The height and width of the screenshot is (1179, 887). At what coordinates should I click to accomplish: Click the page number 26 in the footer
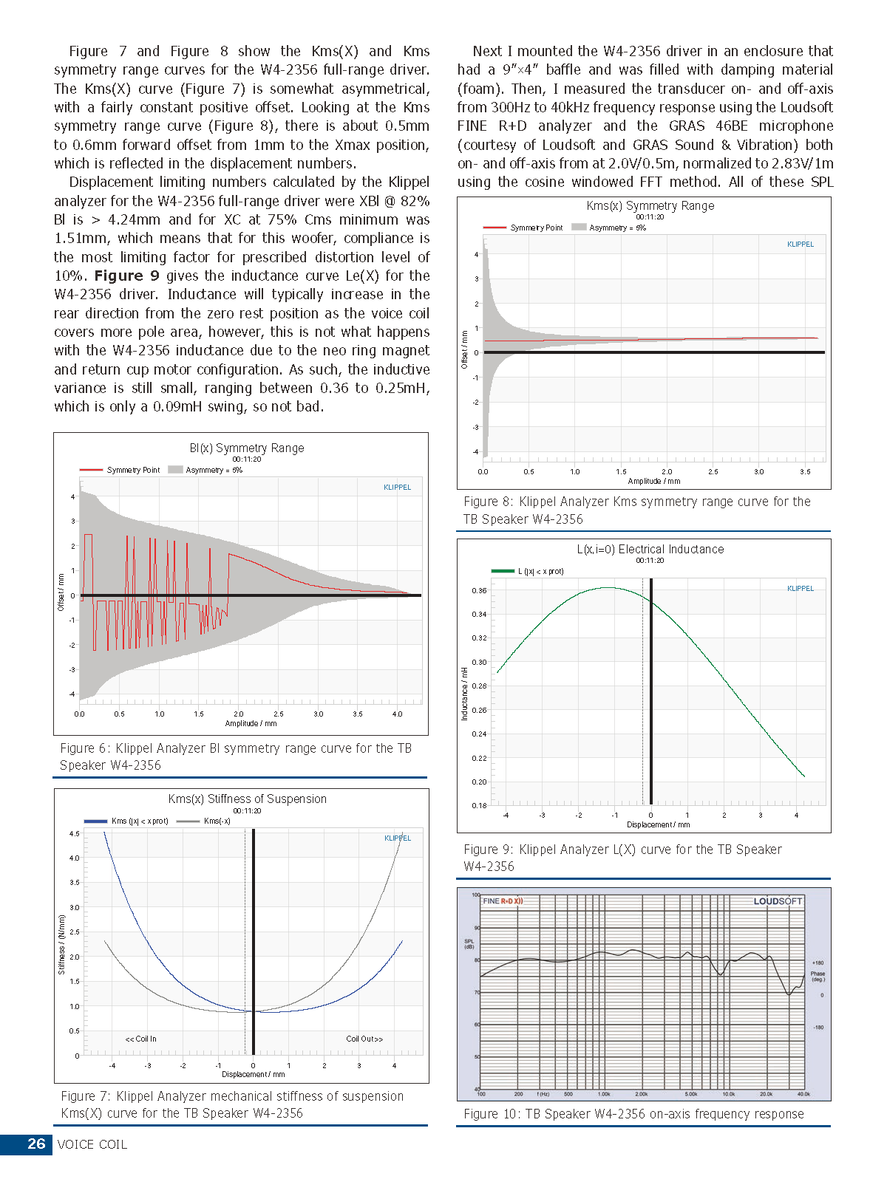click(x=36, y=1144)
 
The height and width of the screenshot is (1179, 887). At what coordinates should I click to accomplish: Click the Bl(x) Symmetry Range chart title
click(x=247, y=448)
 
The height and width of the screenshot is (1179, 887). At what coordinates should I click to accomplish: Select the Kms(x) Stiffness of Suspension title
click(x=247, y=799)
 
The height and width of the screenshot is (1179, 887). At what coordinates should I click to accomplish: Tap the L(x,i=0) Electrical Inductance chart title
click(x=650, y=550)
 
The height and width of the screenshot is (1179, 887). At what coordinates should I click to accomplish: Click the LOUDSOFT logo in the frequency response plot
click(x=777, y=901)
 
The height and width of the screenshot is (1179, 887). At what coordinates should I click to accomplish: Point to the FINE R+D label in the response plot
click(x=503, y=901)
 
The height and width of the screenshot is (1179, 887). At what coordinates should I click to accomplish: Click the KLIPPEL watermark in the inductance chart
click(x=801, y=589)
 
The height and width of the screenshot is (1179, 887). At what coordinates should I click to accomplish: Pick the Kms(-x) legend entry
click(x=217, y=821)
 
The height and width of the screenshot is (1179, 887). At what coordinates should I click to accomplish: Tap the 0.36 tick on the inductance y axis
click(x=479, y=591)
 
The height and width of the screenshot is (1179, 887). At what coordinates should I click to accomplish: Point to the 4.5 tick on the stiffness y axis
click(x=75, y=834)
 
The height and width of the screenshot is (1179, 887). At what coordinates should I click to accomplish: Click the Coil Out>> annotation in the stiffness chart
click(x=364, y=1039)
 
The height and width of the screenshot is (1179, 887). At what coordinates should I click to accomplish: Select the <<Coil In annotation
click(x=141, y=1039)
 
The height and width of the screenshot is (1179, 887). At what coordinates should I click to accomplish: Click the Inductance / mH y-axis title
click(x=465, y=693)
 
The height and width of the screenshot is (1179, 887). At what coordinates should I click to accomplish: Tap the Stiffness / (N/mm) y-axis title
click(x=62, y=944)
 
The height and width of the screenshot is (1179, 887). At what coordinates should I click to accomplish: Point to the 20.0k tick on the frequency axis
click(x=766, y=1094)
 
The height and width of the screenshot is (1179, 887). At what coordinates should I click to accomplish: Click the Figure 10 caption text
click(x=633, y=1114)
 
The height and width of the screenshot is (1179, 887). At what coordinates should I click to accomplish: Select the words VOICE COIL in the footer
click(x=92, y=1144)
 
